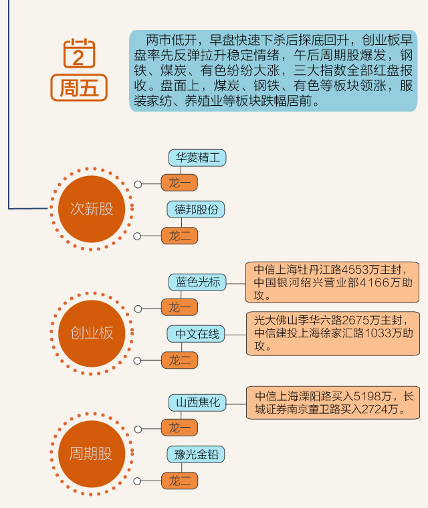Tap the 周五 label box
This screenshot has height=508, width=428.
(x=79, y=88)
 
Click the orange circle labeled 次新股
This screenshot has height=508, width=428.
(x=92, y=209)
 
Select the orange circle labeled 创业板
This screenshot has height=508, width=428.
(x=92, y=333)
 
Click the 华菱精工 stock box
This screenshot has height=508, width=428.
(x=197, y=158)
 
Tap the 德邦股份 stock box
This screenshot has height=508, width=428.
(x=196, y=209)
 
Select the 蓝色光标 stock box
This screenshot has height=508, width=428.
(x=197, y=282)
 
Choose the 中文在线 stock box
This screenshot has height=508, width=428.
(x=197, y=334)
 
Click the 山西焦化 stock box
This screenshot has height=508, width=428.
(x=197, y=404)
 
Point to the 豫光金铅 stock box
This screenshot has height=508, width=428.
(x=196, y=455)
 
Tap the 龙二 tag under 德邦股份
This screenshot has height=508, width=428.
(x=180, y=236)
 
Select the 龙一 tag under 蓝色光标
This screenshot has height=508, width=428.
(x=180, y=308)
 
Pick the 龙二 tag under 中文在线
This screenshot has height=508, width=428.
(x=180, y=360)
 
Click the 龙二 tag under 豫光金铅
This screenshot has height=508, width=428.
(x=180, y=481)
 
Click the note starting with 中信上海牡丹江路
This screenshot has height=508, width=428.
(x=332, y=282)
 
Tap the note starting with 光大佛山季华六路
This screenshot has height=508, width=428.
(x=332, y=333)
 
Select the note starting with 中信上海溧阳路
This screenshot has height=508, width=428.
(x=332, y=402)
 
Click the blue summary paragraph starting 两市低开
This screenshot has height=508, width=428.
(x=273, y=70)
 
